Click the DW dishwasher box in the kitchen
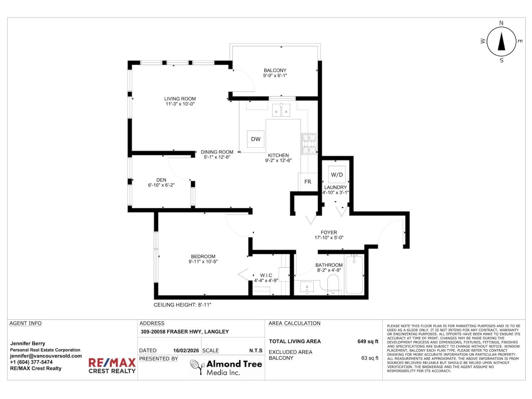coord(256,139)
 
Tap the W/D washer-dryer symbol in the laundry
coord(337,175)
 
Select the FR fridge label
coord(308,182)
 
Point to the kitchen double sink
coord(281,110)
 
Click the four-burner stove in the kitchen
coord(309,144)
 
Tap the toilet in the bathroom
coord(333,285)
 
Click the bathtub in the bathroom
coord(354,274)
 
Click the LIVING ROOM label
coord(180,99)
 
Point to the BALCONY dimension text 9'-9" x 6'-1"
coord(275,75)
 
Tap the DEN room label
coord(161,180)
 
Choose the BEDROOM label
coord(203,256)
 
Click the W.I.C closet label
coord(266,275)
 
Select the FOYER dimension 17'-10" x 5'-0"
coord(329,238)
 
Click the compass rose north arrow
coord(501,41)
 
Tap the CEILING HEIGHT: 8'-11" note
coord(183,305)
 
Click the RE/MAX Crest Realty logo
coord(112,365)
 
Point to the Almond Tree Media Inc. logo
coord(226,367)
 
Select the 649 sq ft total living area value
coord(368,341)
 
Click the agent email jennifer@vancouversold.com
coord(46,356)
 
